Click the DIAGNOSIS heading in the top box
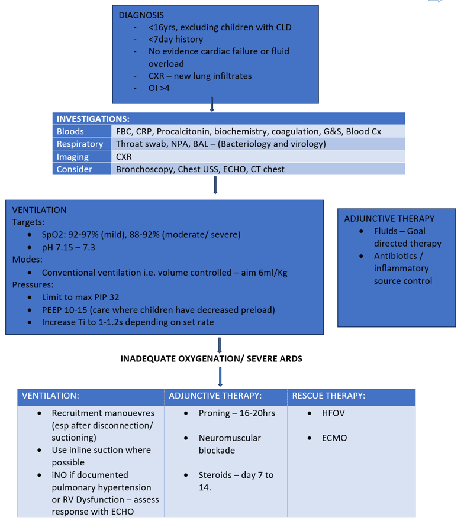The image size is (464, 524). click(141, 15)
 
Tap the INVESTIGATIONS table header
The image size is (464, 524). click(93, 119)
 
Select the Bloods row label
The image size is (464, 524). click(70, 131)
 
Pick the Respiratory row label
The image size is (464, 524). click(80, 144)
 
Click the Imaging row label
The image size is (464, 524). click(73, 157)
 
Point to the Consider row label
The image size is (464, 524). click(75, 169)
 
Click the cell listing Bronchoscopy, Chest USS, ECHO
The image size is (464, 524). click(200, 169)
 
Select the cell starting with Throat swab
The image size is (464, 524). click(221, 144)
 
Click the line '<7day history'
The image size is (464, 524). click(176, 39)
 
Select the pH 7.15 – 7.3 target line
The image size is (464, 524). click(69, 247)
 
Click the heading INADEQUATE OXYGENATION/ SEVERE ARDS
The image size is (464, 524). click(211, 358)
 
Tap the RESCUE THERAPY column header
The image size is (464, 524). click(328, 396)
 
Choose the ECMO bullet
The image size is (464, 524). click(335, 438)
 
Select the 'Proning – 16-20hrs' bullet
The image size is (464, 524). click(237, 413)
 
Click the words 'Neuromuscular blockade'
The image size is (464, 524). click(230, 444)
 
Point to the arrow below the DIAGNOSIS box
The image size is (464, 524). click(211, 107)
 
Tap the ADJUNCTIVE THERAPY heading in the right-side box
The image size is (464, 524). click(389, 218)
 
